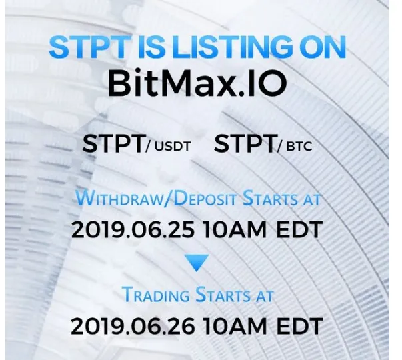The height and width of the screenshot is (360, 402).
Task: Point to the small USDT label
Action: point(173,147)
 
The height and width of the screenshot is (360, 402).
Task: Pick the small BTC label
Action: point(299,147)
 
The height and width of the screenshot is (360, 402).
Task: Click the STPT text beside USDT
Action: point(113,144)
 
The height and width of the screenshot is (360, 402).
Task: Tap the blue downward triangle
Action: point(197,263)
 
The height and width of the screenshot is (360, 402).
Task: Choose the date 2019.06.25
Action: point(133,229)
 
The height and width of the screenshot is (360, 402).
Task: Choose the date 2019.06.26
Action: point(133,326)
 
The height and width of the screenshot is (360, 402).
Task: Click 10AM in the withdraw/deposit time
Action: point(235,229)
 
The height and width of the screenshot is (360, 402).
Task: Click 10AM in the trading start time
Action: point(235,326)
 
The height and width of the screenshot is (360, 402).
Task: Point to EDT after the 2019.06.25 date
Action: point(299,229)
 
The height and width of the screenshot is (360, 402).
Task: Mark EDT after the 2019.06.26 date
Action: point(299,326)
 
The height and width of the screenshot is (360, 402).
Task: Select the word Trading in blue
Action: point(155,295)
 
